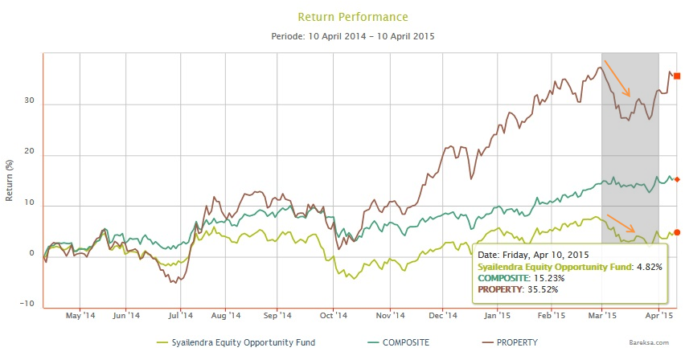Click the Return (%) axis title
click(x=10, y=179)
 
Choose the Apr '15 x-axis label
click(x=658, y=316)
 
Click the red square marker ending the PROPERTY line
click(x=677, y=76)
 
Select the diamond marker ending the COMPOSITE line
click(x=677, y=179)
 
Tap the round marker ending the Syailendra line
click(x=677, y=232)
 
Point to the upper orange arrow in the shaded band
click(x=617, y=78)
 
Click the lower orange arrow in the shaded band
click(x=620, y=225)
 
